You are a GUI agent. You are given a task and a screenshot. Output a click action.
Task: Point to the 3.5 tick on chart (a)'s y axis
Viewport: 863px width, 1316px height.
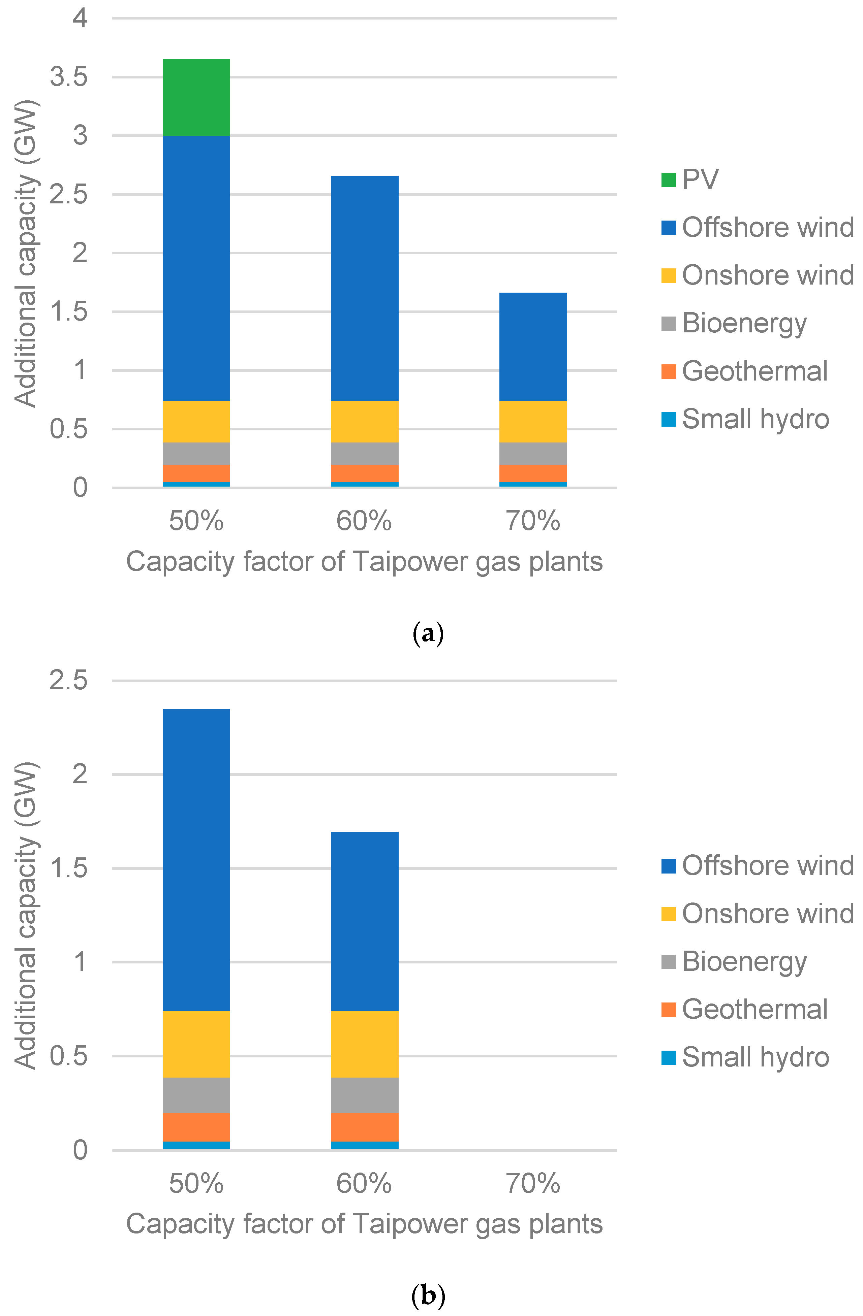[69, 77]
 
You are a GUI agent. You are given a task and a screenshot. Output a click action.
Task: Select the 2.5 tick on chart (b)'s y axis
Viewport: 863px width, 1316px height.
[69, 680]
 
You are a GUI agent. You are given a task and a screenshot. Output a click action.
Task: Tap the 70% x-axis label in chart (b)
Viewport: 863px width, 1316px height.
[532, 1184]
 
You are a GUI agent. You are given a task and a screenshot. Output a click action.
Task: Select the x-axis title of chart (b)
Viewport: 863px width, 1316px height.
[364, 1224]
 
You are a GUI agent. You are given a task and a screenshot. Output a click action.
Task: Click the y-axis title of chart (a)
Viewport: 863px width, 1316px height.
[26, 253]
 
